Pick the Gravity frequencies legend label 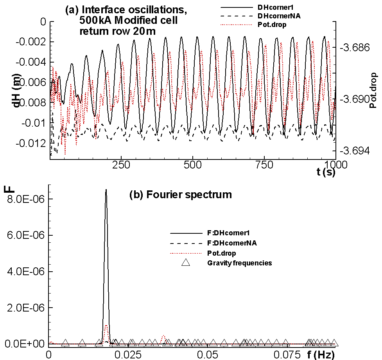[x=239, y=263]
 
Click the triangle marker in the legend [x=186, y=263]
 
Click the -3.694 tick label [x=355, y=150]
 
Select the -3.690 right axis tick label [x=355, y=99]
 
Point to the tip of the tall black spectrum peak [x=106, y=190]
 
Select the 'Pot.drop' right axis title [x=373, y=90]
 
